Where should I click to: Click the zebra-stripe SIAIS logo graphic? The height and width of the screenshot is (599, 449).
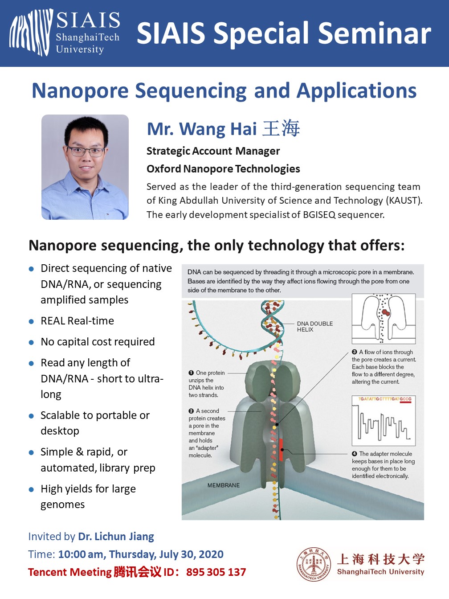[x=31, y=32]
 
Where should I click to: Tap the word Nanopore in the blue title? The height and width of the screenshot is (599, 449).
[x=80, y=91]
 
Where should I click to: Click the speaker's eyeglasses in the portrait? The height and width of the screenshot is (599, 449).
[x=86, y=152]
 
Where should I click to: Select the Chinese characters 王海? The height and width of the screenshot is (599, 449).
[x=281, y=128]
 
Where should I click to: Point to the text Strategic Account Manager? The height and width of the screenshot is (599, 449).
[x=213, y=151]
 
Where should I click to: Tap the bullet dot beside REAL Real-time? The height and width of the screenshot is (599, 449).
[x=31, y=321]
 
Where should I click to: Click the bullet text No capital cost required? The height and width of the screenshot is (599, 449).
[x=98, y=342]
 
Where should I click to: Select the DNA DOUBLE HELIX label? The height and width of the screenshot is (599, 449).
[x=315, y=326]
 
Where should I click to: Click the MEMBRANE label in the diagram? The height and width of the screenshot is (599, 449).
[x=224, y=485]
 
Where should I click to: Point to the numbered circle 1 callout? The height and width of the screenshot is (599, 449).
[x=191, y=373]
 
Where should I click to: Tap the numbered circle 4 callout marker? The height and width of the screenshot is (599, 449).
[x=355, y=454]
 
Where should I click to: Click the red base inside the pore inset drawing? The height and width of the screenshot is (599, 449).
[x=385, y=312]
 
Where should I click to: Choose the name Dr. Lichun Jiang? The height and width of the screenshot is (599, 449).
[x=116, y=537]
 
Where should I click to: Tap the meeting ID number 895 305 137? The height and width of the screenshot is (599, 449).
[x=216, y=572]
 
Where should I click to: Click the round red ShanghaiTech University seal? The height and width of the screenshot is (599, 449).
[x=314, y=564]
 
